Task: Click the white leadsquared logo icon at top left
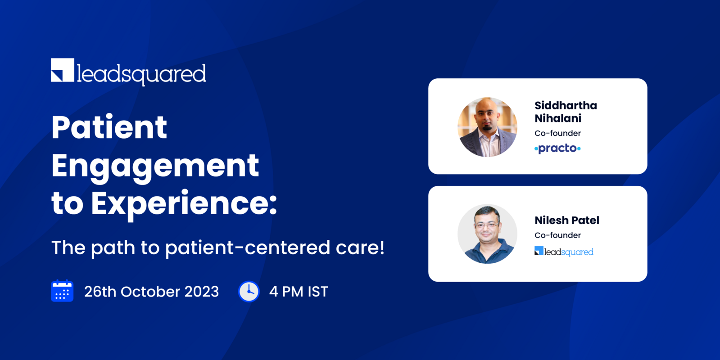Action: point(63,70)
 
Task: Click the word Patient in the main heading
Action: point(109,127)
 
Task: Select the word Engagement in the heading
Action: point(155,166)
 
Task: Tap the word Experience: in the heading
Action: point(184,203)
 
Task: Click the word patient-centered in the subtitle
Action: point(248,247)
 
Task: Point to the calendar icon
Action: point(62,291)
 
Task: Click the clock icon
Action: point(249,292)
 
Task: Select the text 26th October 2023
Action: point(151,292)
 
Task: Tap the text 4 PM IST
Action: point(299,292)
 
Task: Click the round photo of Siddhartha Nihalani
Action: point(487,127)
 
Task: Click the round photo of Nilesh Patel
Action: point(487,234)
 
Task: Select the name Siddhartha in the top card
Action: point(566,105)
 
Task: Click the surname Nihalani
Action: point(558,118)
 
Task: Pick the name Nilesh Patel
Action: point(567,220)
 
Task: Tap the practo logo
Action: point(557,148)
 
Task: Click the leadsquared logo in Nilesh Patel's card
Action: point(564,252)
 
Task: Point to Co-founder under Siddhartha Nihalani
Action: point(557,133)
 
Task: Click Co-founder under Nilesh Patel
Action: point(557,235)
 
